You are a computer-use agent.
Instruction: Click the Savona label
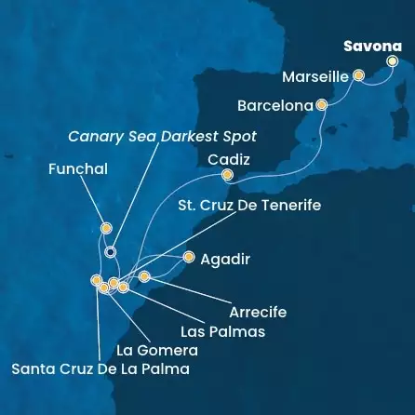click(x=372, y=46)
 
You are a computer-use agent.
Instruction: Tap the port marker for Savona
click(x=392, y=61)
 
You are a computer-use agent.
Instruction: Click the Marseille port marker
click(x=358, y=77)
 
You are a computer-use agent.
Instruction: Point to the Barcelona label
click(x=274, y=106)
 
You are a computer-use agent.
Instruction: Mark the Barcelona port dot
click(x=321, y=105)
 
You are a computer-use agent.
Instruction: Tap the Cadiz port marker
click(x=226, y=174)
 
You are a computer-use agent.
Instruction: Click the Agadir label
click(x=225, y=258)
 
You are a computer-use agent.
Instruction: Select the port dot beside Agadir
click(x=189, y=257)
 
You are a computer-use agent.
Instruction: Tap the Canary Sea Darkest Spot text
click(x=162, y=136)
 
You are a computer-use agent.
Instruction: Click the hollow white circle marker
click(x=110, y=251)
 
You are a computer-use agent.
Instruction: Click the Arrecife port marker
click(x=144, y=276)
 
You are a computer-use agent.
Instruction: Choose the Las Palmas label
click(x=223, y=331)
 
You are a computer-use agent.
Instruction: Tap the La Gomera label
click(x=157, y=351)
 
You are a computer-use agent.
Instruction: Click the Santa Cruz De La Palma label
click(x=100, y=369)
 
